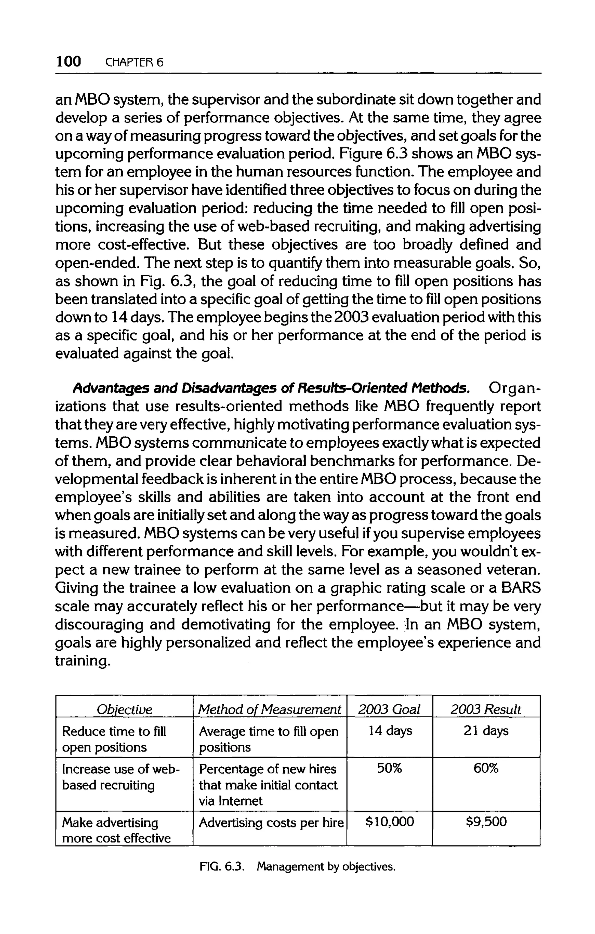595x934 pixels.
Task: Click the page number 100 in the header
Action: pyautogui.click(x=68, y=61)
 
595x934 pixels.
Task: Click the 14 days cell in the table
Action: pyautogui.click(x=390, y=731)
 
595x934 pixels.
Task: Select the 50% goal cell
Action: pyautogui.click(x=390, y=769)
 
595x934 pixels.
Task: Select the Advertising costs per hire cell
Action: pyautogui.click(x=271, y=822)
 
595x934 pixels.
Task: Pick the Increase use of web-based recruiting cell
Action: pyautogui.click(x=120, y=777)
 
